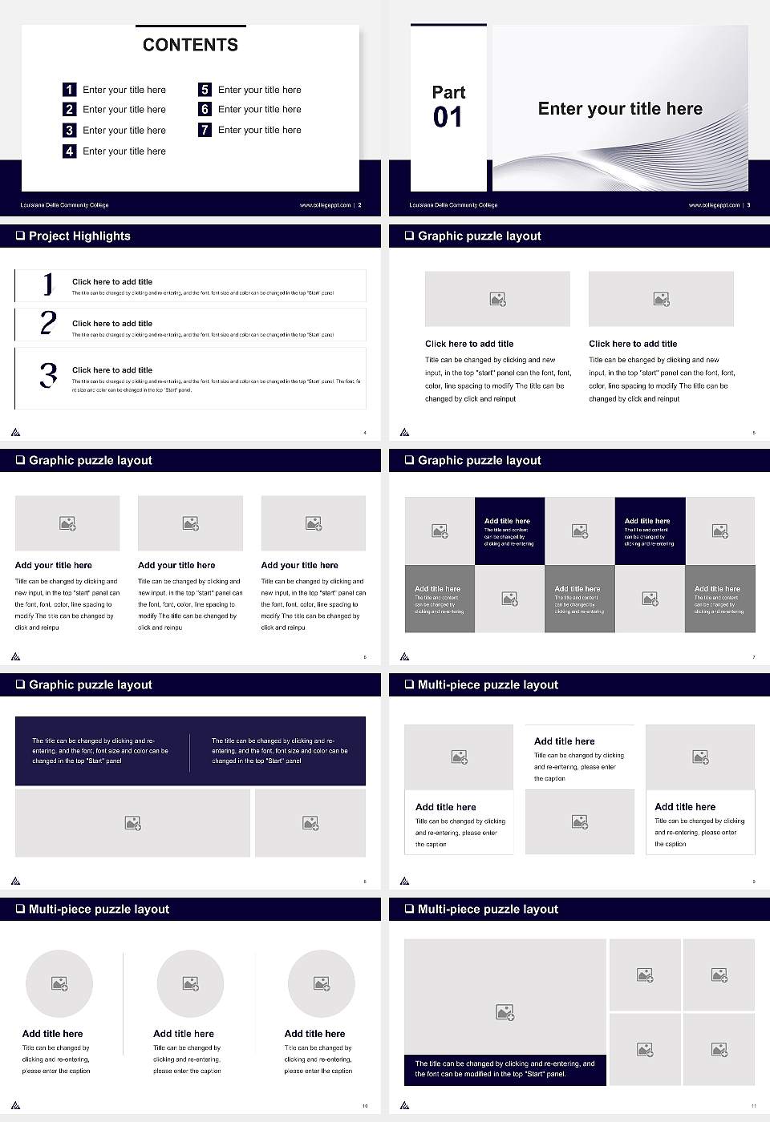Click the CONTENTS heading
coord(190,45)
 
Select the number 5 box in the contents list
coord(205,90)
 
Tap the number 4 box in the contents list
coord(70,151)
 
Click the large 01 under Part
coord(448,118)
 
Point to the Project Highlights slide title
coord(79,236)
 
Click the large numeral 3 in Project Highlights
coord(48,375)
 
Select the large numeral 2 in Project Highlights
coord(48,323)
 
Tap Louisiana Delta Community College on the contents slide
coord(64,205)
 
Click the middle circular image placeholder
coord(190,983)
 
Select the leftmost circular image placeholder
coord(59,983)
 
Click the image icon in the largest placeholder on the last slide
coord(505,1013)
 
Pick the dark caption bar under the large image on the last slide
coord(505,1069)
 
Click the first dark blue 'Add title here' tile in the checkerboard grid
coord(509,531)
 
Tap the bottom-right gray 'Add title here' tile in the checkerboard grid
coord(719,599)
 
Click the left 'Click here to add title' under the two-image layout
coord(469,344)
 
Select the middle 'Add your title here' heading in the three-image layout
coord(176,565)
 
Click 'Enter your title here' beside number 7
coord(259,130)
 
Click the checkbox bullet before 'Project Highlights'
coord(20,236)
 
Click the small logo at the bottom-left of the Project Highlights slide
coord(15,432)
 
